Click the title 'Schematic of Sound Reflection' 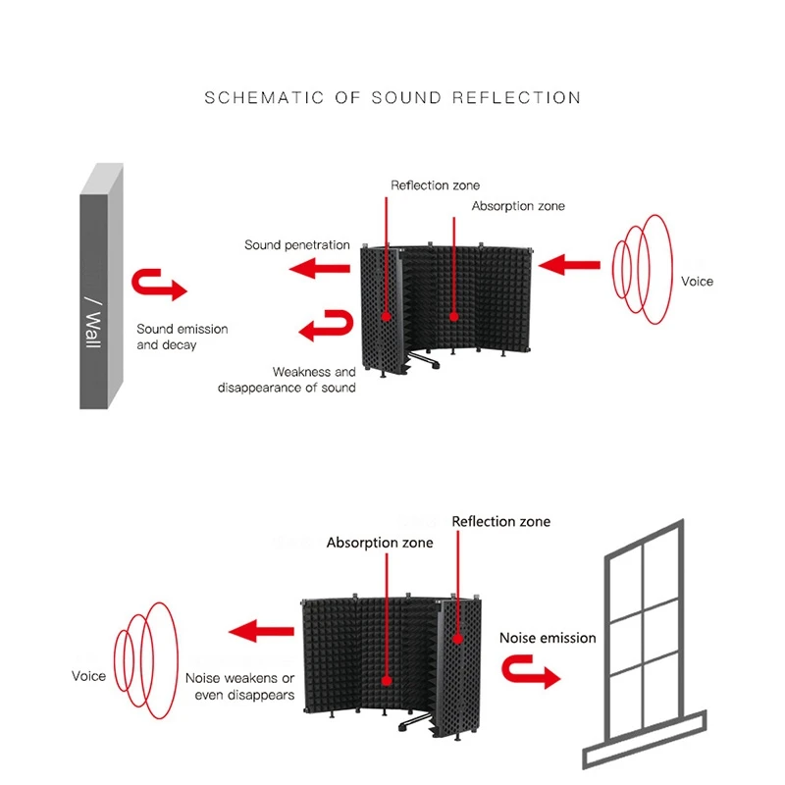point(392,98)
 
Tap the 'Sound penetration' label point(296,244)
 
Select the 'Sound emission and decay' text point(182,337)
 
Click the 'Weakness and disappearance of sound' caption point(287,380)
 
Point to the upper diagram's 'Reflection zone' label point(435,185)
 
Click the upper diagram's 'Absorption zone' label point(517,207)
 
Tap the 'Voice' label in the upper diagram point(697,282)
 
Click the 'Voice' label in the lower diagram point(88,676)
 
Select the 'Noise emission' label point(548,638)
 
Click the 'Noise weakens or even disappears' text point(239,686)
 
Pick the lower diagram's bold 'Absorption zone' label point(379,543)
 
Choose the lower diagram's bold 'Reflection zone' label point(500,521)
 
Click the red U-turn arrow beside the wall point(158,285)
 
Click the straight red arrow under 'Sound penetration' point(324,268)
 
